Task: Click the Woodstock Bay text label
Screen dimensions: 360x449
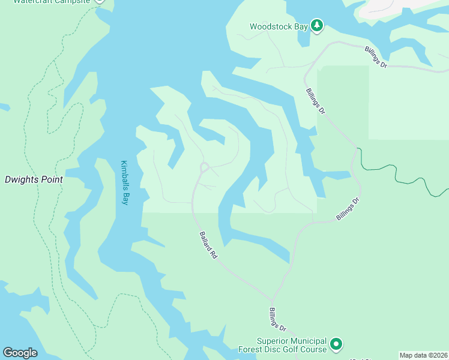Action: [x=279, y=26]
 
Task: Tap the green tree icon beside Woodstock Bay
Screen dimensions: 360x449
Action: [x=317, y=26]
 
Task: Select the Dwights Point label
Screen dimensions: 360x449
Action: [x=34, y=179]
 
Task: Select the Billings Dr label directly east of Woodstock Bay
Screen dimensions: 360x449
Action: [x=376, y=58]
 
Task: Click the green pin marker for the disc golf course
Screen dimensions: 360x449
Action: [x=337, y=344]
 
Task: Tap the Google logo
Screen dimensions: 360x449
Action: [x=20, y=353]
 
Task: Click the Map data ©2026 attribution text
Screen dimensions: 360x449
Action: [x=423, y=355]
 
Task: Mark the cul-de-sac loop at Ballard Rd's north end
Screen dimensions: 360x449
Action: [x=204, y=166]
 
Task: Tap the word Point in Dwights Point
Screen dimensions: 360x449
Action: [x=52, y=179]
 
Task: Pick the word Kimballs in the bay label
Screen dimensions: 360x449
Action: [x=124, y=175]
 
